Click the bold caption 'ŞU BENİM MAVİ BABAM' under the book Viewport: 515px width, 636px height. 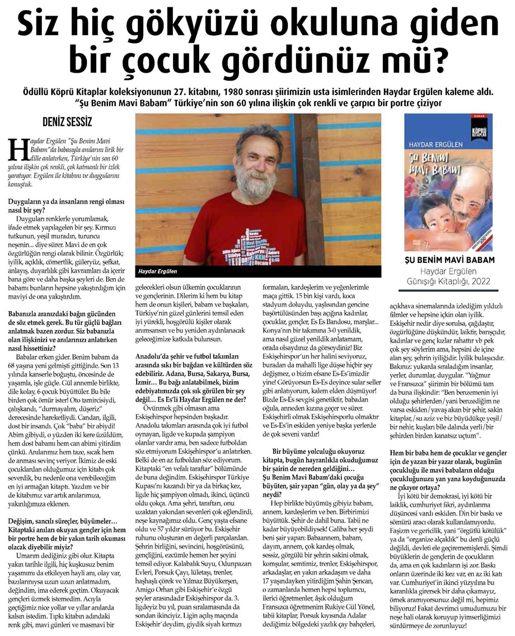point(444,261)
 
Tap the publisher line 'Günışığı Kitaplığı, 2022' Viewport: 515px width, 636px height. point(444,281)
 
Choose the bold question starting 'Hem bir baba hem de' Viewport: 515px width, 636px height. point(448,465)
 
